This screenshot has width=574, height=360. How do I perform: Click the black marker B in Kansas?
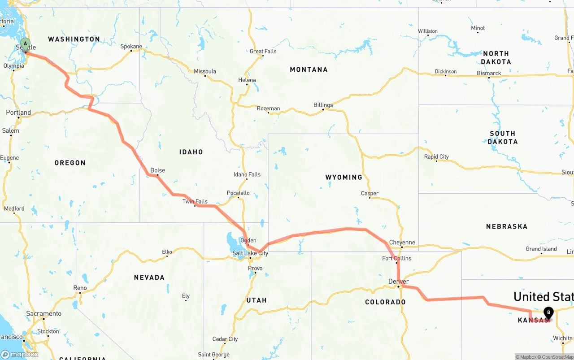(x=548, y=313)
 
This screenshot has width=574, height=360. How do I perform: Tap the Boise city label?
(x=157, y=170)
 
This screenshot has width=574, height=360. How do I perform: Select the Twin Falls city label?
(x=195, y=201)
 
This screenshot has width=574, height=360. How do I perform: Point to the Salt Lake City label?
(x=250, y=253)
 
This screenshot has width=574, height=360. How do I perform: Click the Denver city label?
(x=398, y=282)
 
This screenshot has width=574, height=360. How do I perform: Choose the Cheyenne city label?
(x=402, y=243)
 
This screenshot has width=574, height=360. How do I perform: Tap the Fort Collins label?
(x=396, y=258)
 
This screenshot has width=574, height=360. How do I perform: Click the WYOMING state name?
(x=344, y=178)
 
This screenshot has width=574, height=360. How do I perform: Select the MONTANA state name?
(x=309, y=69)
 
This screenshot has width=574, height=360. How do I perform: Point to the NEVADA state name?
(x=149, y=278)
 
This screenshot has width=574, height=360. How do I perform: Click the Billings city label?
(x=323, y=105)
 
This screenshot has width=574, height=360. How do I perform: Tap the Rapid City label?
(x=436, y=157)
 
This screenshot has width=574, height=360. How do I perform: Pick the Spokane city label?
(x=131, y=47)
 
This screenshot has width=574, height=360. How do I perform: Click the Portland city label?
(x=18, y=113)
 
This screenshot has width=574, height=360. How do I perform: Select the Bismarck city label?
(x=489, y=73)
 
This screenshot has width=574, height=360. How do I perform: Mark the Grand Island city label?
(x=541, y=249)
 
